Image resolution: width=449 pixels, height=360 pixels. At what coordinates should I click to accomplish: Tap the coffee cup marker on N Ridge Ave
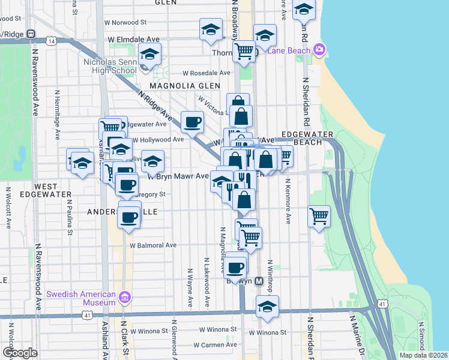click(193, 122)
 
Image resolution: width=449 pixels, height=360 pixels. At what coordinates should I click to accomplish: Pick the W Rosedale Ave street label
click(206, 73)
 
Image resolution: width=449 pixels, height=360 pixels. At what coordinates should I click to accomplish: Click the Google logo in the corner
click(20, 353)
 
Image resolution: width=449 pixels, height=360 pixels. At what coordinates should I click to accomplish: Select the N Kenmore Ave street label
click(288, 201)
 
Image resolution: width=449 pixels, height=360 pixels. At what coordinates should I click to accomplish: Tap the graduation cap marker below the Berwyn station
click(267, 307)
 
